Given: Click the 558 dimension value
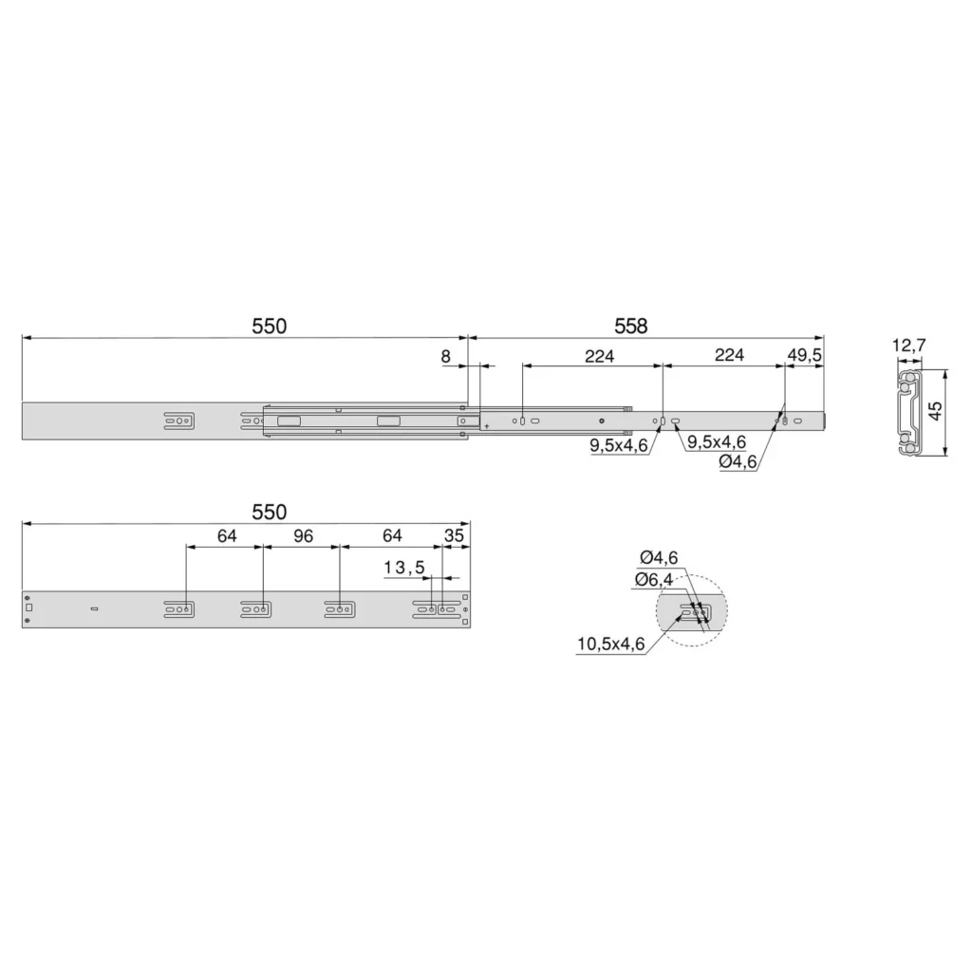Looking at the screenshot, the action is [x=630, y=327].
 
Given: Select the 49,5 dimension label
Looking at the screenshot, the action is [x=804, y=355].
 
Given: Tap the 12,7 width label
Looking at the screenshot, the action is [x=908, y=345].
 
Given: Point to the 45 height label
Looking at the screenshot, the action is [x=935, y=410].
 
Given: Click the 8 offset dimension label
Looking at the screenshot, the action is [x=446, y=357].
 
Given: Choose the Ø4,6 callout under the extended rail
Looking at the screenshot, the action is [x=738, y=462].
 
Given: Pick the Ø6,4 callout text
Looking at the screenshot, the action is [x=653, y=580].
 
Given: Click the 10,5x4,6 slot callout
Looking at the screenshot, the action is [x=610, y=645].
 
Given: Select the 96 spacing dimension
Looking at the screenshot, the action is [x=303, y=536].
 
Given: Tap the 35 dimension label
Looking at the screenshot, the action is [x=454, y=535].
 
